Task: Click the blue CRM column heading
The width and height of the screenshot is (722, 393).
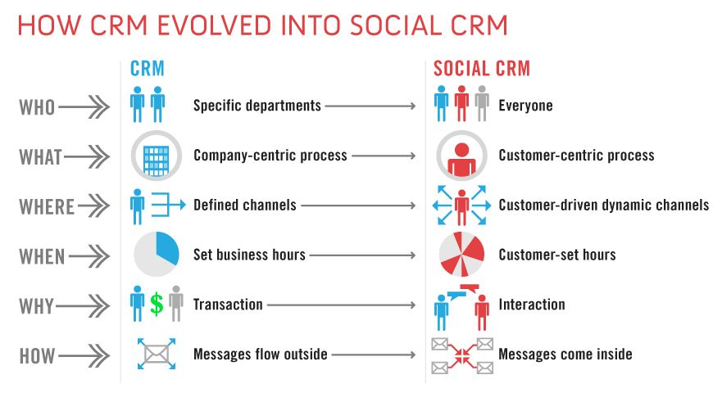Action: tap(148, 69)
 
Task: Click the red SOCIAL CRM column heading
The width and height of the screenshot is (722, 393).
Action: tap(482, 69)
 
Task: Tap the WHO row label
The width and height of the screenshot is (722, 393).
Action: tap(37, 107)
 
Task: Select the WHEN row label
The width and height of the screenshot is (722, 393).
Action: tap(42, 256)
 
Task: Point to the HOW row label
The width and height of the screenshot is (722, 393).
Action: tap(38, 355)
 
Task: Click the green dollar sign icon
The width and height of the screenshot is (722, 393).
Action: tap(157, 304)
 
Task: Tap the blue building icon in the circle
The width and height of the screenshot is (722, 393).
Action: tap(156, 160)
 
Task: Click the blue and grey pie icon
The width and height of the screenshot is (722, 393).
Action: tap(156, 254)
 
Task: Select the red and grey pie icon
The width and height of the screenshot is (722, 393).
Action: tap(461, 254)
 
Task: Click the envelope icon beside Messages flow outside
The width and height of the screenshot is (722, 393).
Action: tap(157, 354)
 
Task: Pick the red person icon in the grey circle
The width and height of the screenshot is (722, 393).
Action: tap(461, 159)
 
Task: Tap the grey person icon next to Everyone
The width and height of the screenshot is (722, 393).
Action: tap(482, 103)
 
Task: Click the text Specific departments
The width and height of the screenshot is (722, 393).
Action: tap(257, 106)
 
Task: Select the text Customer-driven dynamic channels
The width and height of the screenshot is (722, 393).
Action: tap(604, 205)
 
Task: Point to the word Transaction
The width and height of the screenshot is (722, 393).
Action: tap(228, 305)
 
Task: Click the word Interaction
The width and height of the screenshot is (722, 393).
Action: tap(532, 305)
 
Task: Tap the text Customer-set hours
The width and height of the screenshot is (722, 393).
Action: tap(557, 255)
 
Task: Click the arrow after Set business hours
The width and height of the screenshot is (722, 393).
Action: tap(363, 255)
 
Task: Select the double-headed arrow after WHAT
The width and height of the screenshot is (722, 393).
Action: tap(87, 156)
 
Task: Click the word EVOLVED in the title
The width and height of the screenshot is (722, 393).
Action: tap(215, 25)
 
